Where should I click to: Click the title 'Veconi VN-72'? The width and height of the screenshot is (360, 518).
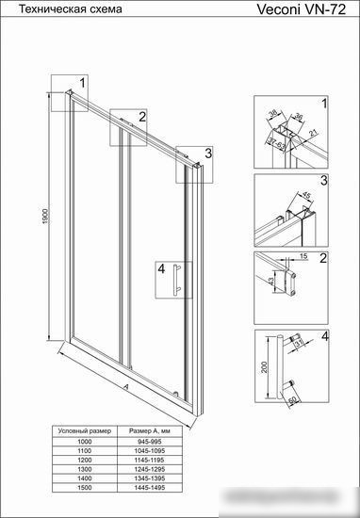tap(302, 9)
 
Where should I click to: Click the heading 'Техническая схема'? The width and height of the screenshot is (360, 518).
tap(70, 8)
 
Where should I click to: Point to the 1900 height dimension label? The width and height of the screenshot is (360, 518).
tap(45, 217)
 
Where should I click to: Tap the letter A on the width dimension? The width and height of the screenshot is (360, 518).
tap(125, 386)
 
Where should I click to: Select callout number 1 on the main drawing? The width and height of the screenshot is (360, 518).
tap(83, 82)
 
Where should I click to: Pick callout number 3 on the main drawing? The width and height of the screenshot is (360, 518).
tap(208, 153)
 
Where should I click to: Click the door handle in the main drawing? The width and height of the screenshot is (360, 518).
tap(176, 279)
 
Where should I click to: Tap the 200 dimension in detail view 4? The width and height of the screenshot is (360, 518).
tap(264, 367)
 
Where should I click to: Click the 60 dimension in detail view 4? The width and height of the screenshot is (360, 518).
tap(293, 400)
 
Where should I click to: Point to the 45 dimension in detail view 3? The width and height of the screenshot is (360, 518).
tap(307, 196)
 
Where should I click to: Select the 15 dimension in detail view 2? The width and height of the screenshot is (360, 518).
tap(303, 256)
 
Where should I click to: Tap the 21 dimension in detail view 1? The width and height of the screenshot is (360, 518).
tap(314, 133)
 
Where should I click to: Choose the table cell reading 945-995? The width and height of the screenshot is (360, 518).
tap(150, 442)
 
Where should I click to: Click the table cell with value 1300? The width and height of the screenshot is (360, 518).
tap(85, 469)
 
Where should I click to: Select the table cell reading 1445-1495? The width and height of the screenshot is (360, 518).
tap(150, 488)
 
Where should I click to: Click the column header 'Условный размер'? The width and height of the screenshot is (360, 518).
tap(85, 431)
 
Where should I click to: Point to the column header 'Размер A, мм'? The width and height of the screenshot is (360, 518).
tap(150, 431)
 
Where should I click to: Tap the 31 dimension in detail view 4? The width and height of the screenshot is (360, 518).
tap(299, 344)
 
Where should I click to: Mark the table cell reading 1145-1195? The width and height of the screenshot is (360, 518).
tap(150, 460)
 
